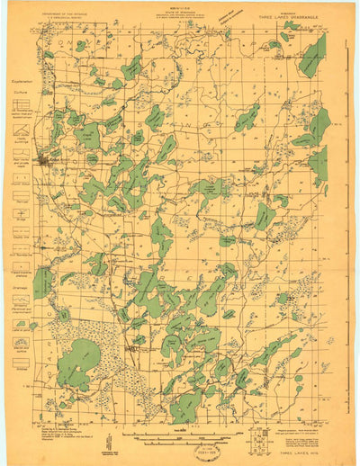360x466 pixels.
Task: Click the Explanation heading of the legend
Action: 21,80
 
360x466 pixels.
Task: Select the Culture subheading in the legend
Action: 21,91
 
